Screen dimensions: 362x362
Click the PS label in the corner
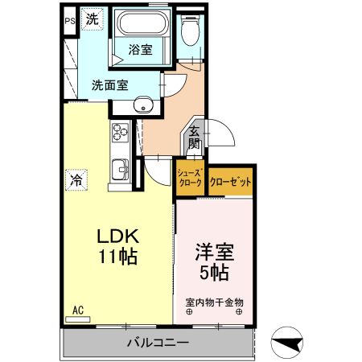point(69,21)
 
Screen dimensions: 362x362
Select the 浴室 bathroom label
point(141,50)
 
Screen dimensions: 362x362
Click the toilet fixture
point(190,32)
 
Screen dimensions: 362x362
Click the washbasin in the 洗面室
point(145,104)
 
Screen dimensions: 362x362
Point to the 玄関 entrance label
point(195,139)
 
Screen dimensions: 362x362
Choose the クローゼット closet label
point(230,182)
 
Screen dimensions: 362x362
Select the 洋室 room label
point(214,251)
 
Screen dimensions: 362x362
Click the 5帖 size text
point(214,273)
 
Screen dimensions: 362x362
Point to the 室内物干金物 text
point(214,302)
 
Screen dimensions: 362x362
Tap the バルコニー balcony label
point(158,343)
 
